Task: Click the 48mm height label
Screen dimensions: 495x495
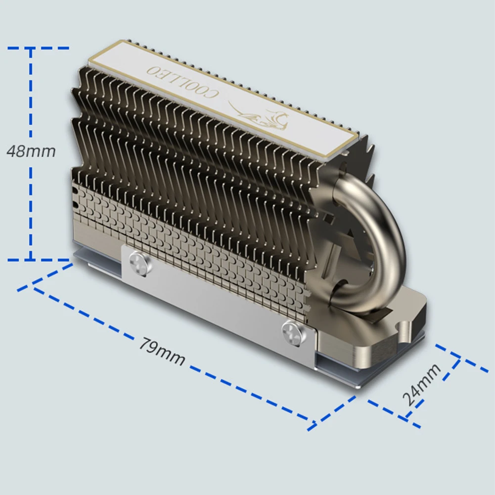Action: tap(31, 150)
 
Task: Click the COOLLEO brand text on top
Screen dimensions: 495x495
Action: tap(183, 82)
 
